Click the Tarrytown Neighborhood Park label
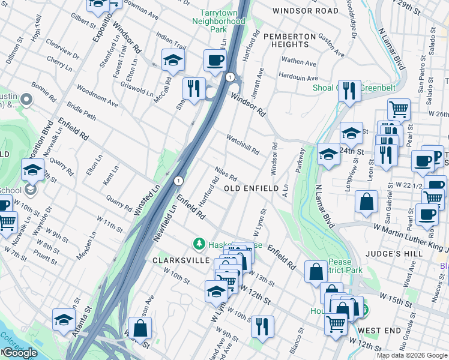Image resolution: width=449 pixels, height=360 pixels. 218,20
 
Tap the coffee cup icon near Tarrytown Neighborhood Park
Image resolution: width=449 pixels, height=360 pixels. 215,60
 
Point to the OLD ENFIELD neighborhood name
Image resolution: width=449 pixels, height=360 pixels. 251,188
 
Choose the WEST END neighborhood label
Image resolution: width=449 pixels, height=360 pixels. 379,331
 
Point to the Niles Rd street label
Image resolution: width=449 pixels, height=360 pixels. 226,175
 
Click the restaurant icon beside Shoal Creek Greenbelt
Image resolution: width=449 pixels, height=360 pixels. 349,91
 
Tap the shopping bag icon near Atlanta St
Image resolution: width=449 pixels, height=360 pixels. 140,328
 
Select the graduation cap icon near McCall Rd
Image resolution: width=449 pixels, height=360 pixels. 173,60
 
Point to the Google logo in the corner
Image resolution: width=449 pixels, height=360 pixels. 20,353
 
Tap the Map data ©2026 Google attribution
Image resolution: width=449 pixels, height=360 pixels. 412,355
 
